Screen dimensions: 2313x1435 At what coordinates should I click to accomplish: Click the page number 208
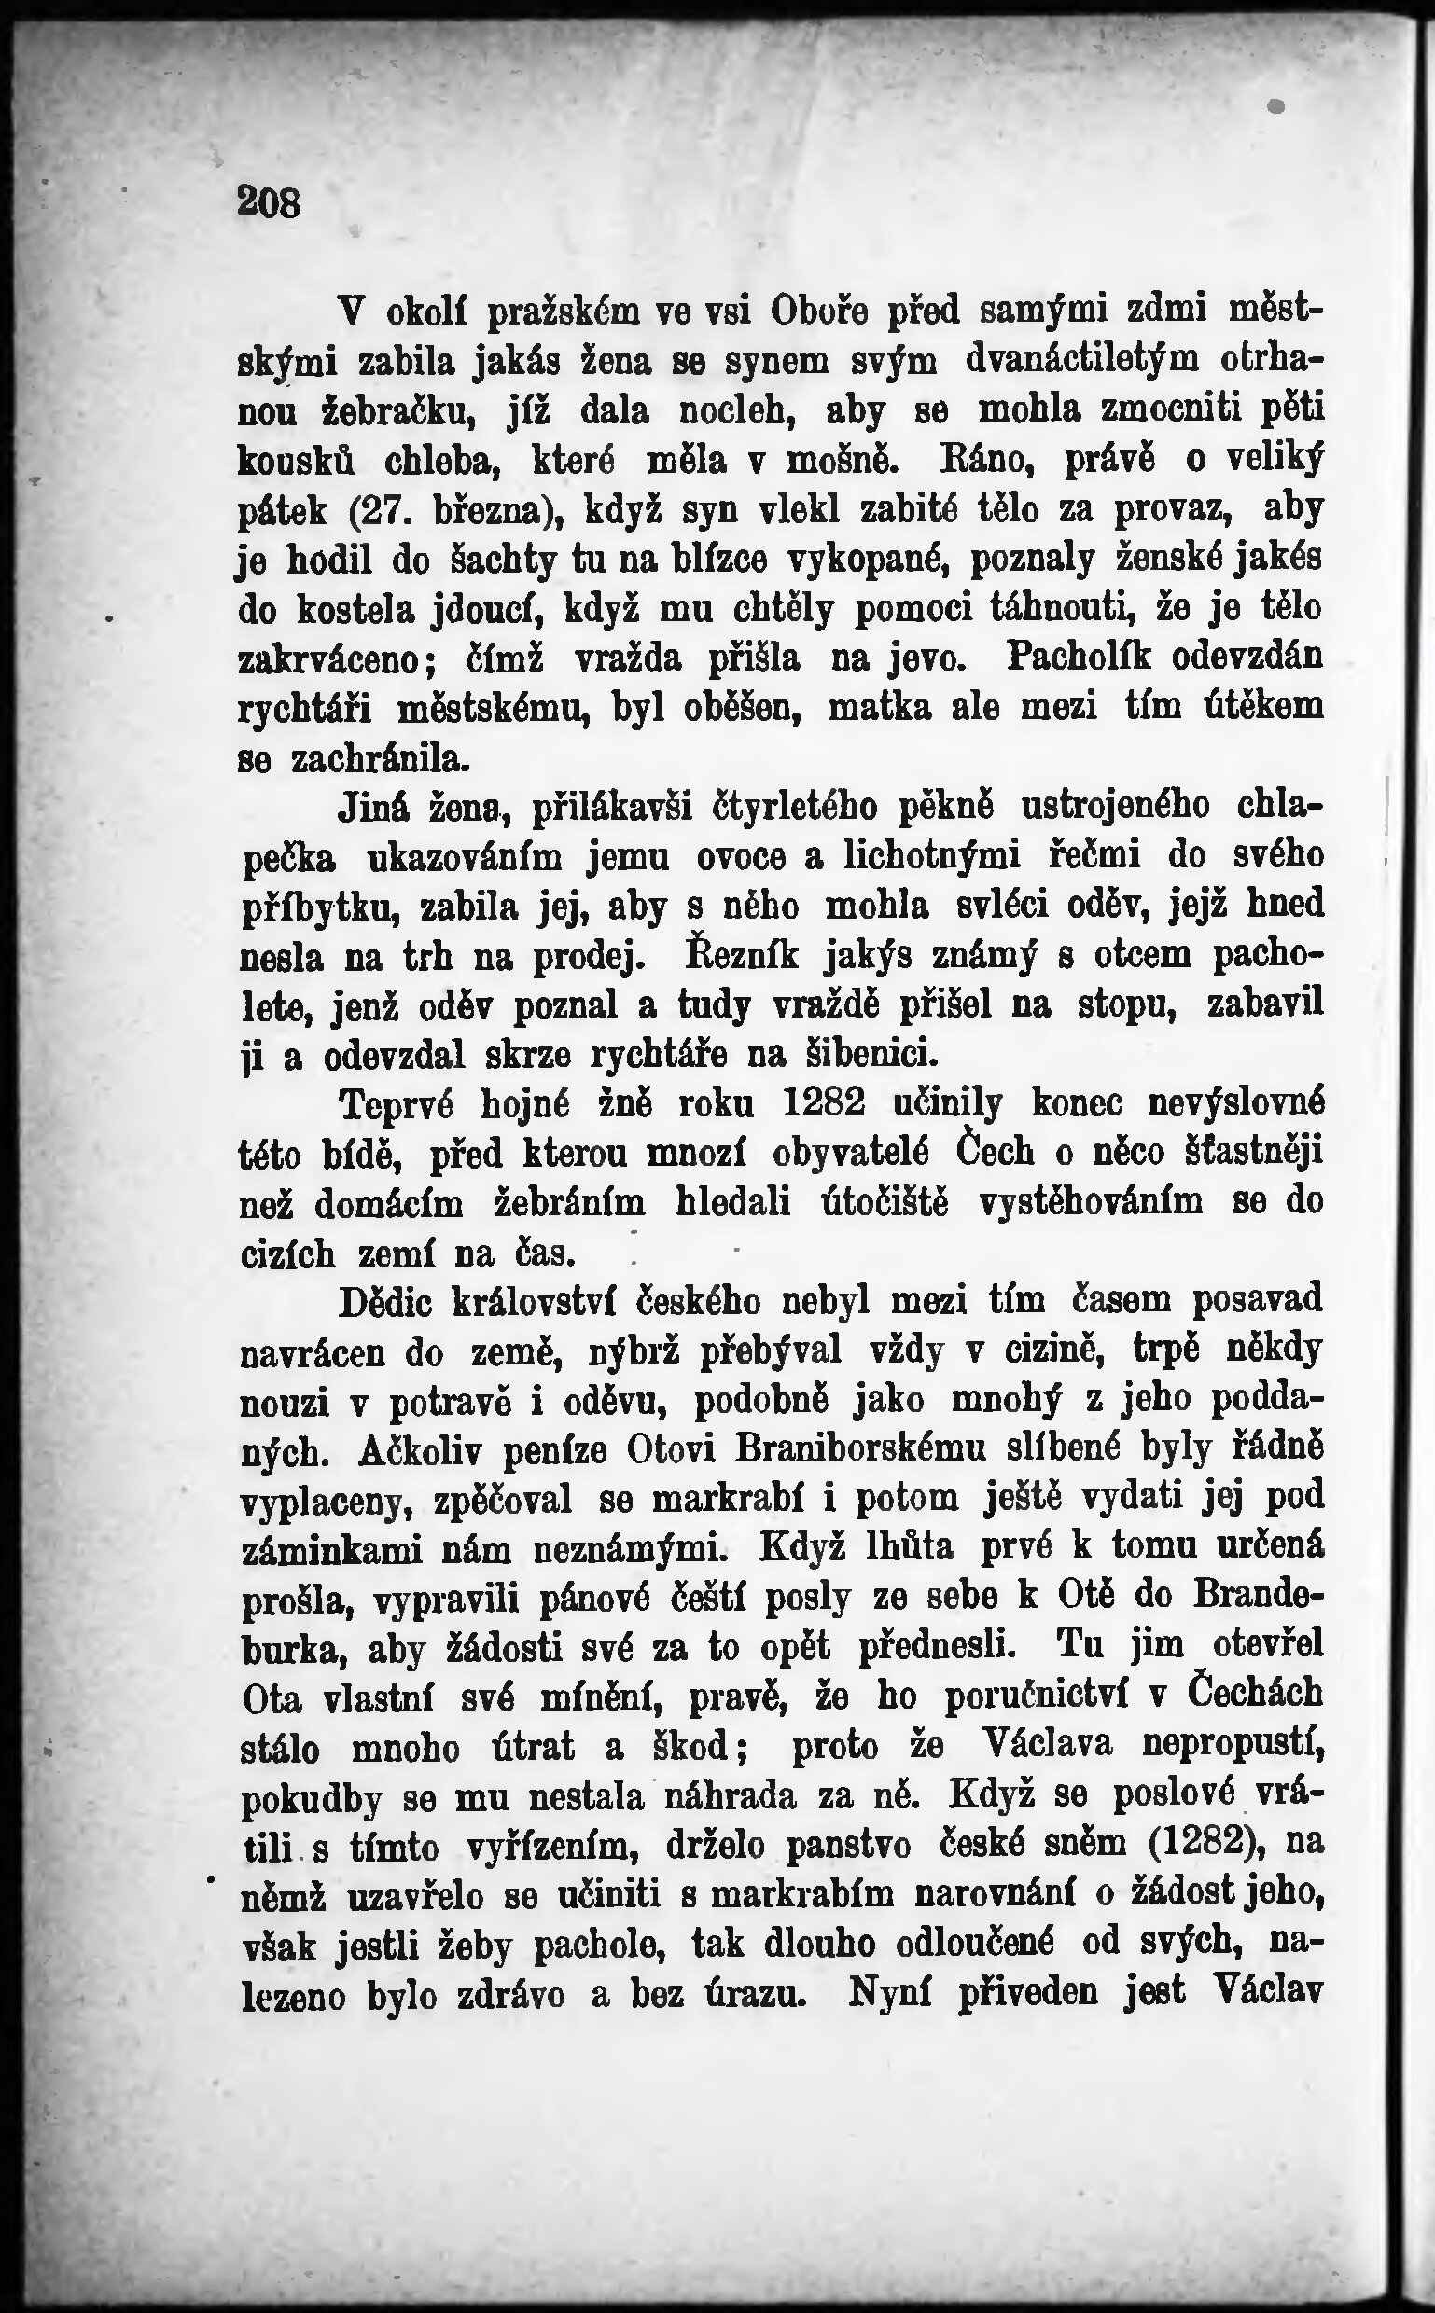tap(270, 202)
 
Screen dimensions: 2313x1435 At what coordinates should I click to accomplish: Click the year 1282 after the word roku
tap(826, 1103)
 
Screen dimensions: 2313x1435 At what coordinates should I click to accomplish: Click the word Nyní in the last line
tap(888, 1992)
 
